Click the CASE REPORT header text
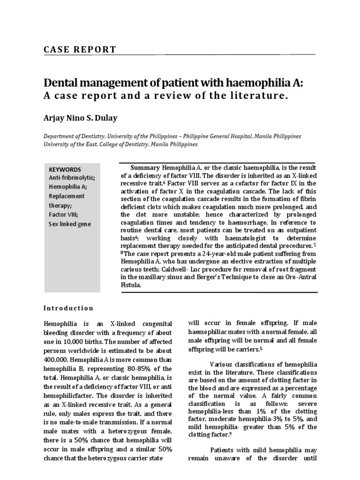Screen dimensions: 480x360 pos(80,50)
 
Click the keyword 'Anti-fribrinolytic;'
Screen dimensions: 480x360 pos(72,178)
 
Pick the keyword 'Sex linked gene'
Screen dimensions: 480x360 pos(70,224)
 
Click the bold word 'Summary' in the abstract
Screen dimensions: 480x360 pos(145,168)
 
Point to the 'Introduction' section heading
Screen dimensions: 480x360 pos(68,308)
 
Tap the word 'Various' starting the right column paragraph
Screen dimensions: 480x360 pos(222,365)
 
